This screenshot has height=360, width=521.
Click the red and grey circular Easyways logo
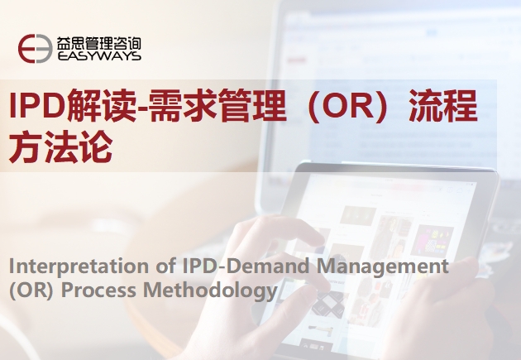tap(36, 49)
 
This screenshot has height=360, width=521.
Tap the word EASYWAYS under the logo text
tap(99, 55)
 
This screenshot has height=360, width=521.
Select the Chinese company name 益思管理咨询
tap(98, 43)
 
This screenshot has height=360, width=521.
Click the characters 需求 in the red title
tap(183, 105)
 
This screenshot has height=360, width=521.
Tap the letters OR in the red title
tap(348, 106)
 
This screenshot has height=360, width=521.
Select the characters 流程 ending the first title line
tap(443, 105)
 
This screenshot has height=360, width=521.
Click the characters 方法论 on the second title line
tap(61, 146)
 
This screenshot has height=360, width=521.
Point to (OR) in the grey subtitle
tap(31, 290)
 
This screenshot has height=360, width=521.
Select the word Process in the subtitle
tap(98, 290)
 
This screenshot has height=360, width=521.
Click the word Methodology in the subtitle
tap(210, 290)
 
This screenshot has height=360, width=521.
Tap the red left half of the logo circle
tap(26, 49)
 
